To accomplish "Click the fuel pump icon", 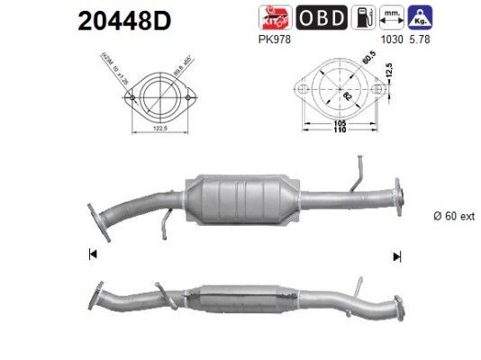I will (x=362, y=17).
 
